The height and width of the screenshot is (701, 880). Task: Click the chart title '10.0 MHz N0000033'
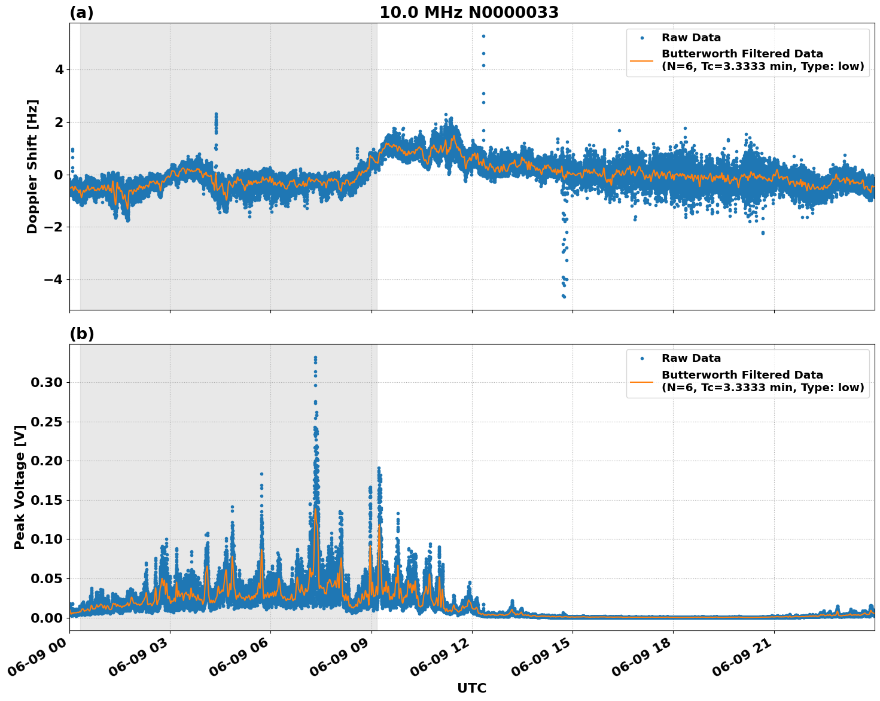pos(469,13)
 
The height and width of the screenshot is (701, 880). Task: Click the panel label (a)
pos(81,13)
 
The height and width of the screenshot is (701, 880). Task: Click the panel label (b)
pos(81,334)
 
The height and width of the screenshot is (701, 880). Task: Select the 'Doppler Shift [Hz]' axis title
pos(32,166)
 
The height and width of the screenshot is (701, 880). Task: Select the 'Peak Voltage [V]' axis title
pos(20,487)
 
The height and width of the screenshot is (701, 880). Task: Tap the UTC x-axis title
pos(471,688)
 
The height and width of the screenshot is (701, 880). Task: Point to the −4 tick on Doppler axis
pos(56,279)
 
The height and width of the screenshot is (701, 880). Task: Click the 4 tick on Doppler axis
pos(59,69)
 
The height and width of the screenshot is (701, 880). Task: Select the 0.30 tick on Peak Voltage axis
pos(50,382)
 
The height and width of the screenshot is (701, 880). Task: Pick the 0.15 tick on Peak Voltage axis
pos(50,500)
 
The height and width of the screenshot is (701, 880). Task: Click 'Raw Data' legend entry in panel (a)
pos(691,38)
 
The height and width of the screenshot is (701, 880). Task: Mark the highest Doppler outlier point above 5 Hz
pos(483,36)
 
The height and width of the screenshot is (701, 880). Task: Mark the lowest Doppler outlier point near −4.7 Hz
pos(564,296)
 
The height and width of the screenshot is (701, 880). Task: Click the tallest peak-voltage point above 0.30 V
pos(315,358)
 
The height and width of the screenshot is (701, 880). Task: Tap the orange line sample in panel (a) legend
pos(641,60)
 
